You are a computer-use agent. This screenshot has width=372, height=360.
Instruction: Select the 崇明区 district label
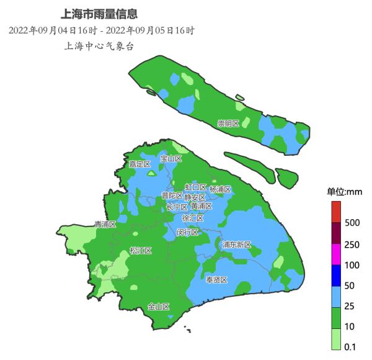pyautogui.click(x=228, y=124)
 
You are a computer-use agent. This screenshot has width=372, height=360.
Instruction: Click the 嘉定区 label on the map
pyautogui.click(x=139, y=164)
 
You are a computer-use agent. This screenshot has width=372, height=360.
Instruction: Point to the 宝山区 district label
pyautogui.click(x=171, y=158)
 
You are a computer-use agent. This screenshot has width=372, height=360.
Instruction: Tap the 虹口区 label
pyautogui.click(x=195, y=187)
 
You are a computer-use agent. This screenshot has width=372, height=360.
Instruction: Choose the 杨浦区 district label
pyautogui.click(x=220, y=189)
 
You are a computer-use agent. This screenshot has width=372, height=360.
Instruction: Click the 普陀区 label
pyautogui.click(x=172, y=196)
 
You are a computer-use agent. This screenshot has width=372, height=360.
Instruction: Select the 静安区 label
pyautogui.click(x=195, y=197)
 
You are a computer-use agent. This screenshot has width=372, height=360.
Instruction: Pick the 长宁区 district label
pyautogui.click(x=177, y=207)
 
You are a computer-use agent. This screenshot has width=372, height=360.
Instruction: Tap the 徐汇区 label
pyautogui.click(x=192, y=218)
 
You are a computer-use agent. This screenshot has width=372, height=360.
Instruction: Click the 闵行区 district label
pyautogui.click(x=187, y=232)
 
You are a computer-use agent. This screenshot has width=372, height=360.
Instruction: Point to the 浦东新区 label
pyautogui.click(x=237, y=245)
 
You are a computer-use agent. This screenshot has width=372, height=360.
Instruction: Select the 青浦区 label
pyautogui.click(x=105, y=224)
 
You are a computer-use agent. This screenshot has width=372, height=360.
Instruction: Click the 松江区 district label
pyautogui.click(x=141, y=251)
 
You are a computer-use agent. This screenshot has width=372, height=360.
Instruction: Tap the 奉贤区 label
pyautogui.click(x=217, y=280)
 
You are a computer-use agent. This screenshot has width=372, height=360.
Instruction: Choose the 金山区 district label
pyautogui.click(x=159, y=307)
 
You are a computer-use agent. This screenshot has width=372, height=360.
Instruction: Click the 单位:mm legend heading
pyautogui.click(x=345, y=192)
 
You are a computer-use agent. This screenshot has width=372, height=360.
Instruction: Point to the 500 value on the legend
pyautogui.click(x=352, y=222)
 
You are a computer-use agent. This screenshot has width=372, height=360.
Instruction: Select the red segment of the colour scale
pyautogui.click(x=335, y=212)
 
